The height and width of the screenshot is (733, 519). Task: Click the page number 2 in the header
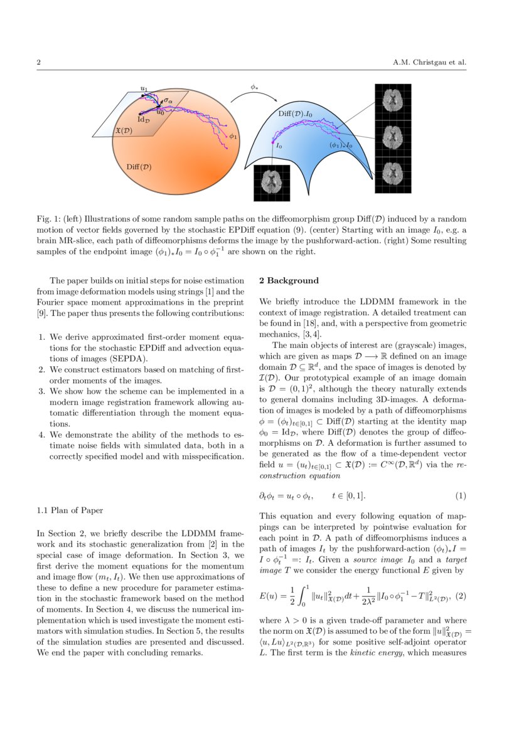tap(39, 63)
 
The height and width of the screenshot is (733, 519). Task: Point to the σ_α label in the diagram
tap(168, 100)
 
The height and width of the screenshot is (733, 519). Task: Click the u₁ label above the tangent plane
tap(144, 90)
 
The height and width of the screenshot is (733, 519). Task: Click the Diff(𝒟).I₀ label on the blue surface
tap(296, 114)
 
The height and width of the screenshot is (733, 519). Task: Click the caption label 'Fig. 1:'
tap(48, 219)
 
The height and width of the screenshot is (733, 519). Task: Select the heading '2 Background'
tap(289, 280)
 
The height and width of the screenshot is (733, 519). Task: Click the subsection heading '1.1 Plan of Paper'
tap(67, 510)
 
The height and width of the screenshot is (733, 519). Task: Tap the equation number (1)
tap(461, 495)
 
